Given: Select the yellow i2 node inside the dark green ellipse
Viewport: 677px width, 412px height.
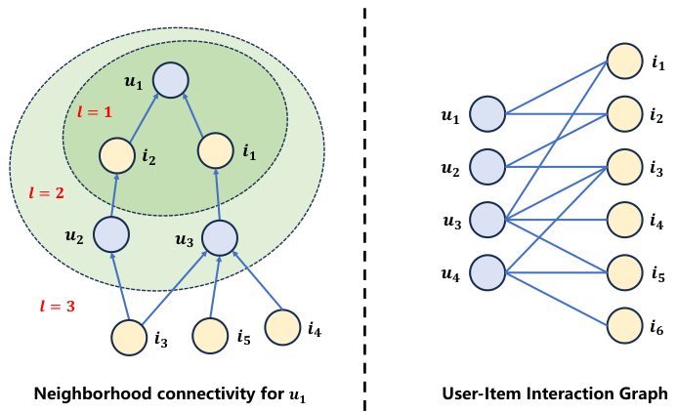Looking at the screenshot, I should point(116,155).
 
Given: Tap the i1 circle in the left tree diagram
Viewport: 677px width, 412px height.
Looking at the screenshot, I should point(215,151).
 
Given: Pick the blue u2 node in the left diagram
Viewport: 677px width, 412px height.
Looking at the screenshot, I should point(111,234).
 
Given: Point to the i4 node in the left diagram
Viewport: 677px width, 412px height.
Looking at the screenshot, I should point(282,326).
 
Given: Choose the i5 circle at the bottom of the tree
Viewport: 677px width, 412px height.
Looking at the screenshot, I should point(210,336).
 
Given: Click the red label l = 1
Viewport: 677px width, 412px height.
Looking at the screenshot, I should point(95,112).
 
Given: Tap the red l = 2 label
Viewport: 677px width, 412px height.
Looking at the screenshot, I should point(46,193).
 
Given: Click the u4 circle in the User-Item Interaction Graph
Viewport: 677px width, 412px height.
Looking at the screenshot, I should point(487,272).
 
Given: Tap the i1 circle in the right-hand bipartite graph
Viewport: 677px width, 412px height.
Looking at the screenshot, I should point(625,61).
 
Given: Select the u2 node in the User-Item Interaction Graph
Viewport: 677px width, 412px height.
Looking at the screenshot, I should point(487,167).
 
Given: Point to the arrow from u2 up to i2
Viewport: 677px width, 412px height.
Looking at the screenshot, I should point(113,195).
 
